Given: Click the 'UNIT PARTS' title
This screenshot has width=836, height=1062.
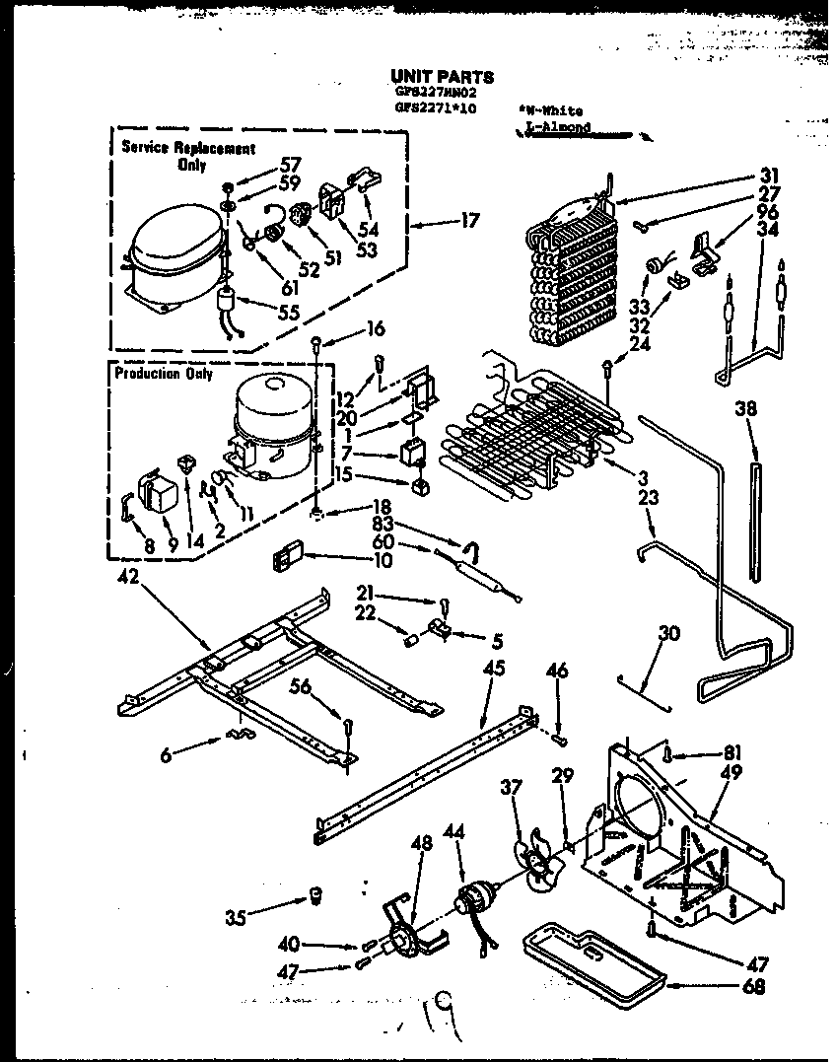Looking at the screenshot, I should coord(442,76).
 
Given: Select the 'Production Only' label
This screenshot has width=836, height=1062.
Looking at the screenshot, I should coord(163,374).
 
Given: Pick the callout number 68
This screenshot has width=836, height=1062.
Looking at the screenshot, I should coord(758,987).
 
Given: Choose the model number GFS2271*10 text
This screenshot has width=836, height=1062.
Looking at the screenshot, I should coord(434,109).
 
